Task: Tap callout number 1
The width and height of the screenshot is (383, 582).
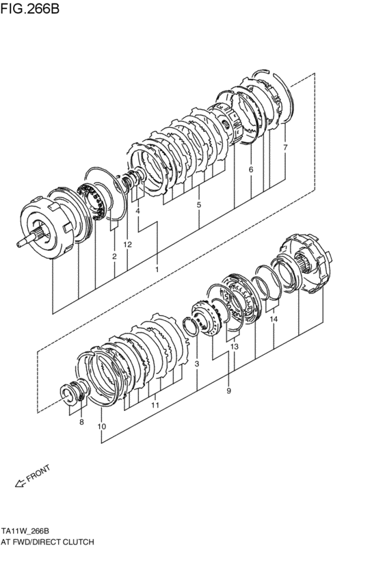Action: pyautogui.click(x=157, y=269)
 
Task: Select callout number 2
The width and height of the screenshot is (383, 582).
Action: pyautogui.click(x=114, y=256)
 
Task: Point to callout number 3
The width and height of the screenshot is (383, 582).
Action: pyautogui.click(x=196, y=364)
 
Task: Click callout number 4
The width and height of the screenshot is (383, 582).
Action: pyautogui.click(x=137, y=211)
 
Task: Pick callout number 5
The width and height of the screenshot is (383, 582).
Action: pyautogui.click(x=199, y=204)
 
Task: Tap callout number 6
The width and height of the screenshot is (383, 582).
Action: pyautogui.click(x=251, y=169)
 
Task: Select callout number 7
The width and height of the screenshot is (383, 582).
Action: pyautogui.click(x=285, y=148)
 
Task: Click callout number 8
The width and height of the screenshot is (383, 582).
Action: pyautogui.click(x=81, y=423)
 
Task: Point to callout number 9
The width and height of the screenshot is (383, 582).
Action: pyautogui.click(x=228, y=391)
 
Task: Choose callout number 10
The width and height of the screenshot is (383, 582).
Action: pyautogui.click(x=102, y=427)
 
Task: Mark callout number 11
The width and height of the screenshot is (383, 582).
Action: pyautogui.click(x=155, y=406)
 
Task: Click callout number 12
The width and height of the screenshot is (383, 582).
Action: pyautogui.click(x=127, y=244)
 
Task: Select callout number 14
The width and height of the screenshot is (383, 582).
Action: pyautogui.click(x=273, y=319)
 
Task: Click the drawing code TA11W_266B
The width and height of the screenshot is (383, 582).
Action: pyautogui.click(x=34, y=531)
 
